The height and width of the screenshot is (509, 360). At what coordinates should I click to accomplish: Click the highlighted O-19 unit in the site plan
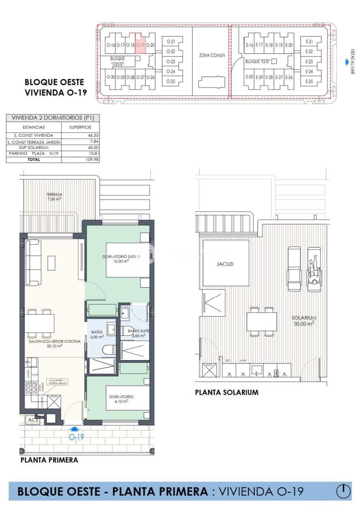pyautogui.click(x=141, y=44)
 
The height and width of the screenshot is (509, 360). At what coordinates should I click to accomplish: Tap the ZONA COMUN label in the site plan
pyautogui.click(x=212, y=55)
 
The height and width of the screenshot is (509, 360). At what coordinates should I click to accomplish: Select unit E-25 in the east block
pyautogui.click(x=309, y=81)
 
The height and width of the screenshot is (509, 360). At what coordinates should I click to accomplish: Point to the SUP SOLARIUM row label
pyautogui.click(x=34, y=147)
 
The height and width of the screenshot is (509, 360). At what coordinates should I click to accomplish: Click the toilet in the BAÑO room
pyautogui.click(x=109, y=350)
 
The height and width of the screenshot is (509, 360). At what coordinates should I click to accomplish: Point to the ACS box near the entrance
pyautogui.click(x=33, y=420)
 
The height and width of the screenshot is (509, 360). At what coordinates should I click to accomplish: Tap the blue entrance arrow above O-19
pyautogui.click(x=75, y=429)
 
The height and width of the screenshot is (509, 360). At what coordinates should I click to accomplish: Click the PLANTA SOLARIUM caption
pyautogui.click(x=226, y=392)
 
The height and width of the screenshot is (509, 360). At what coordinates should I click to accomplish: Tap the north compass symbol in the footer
pyautogui.click(x=343, y=491)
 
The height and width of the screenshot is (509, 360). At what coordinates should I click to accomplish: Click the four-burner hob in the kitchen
pyautogui.click(x=31, y=387)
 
